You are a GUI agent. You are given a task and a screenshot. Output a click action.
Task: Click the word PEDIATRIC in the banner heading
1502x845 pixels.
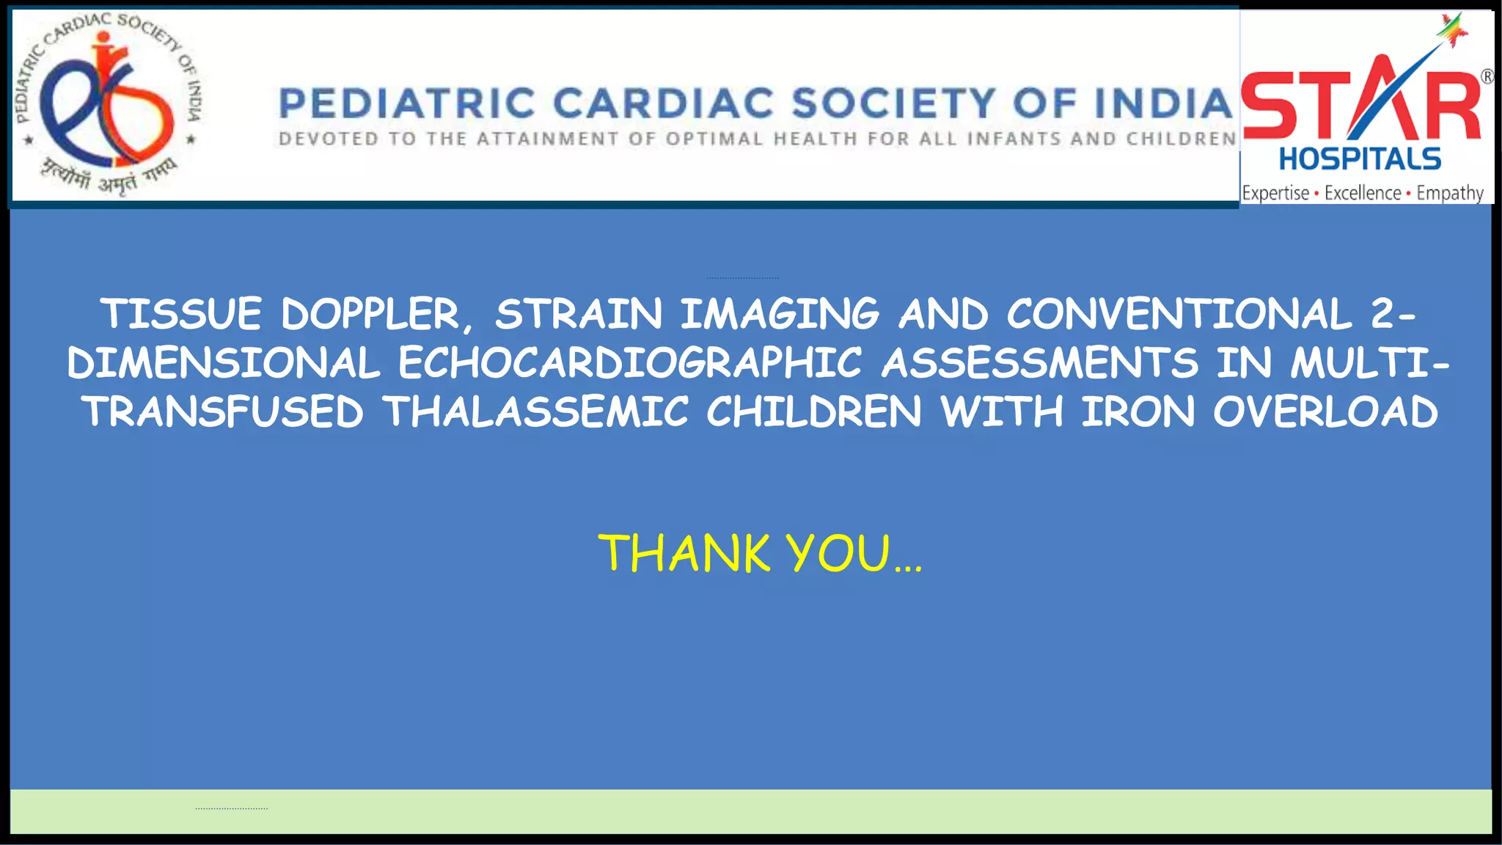pyautogui.click(x=406, y=103)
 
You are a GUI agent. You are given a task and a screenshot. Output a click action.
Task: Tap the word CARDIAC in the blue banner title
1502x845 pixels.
pyautogui.click(x=663, y=103)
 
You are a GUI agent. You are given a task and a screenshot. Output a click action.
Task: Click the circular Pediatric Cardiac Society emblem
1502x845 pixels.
pyautogui.click(x=109, y=104)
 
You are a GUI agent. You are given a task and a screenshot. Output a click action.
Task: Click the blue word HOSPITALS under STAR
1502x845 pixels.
pyautogui.click(x=1360, y=159)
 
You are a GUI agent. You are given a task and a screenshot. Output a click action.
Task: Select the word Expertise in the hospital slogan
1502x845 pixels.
pyautogui.click(x=1275, y=193)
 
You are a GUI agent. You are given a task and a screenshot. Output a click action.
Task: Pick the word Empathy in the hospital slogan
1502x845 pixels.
pyautogui.click(x=1449, y=193)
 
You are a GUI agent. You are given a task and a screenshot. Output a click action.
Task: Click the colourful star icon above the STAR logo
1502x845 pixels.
pyautogui.click(x=1452, y=29)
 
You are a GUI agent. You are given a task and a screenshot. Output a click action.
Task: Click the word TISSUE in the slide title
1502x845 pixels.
pyautogui.click(x=180, y=314)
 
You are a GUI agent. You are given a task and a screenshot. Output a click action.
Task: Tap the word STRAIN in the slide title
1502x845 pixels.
pyautogui.click(x=578, y=314)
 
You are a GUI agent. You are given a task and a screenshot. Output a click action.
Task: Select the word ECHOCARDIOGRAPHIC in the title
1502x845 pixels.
pyautogui.click(x=629, y=362)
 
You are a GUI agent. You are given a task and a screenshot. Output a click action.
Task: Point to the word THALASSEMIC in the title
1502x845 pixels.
pyautogui.click(x=535, y=411)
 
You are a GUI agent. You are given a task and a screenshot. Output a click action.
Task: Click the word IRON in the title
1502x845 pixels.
pyautogui.click(x=1138, y=411)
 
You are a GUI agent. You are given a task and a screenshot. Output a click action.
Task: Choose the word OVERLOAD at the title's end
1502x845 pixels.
pyautogui.click(x=1325, y=411)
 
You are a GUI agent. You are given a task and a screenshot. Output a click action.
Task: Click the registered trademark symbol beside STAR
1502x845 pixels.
pyautogui.click(x=1487, y=76)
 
